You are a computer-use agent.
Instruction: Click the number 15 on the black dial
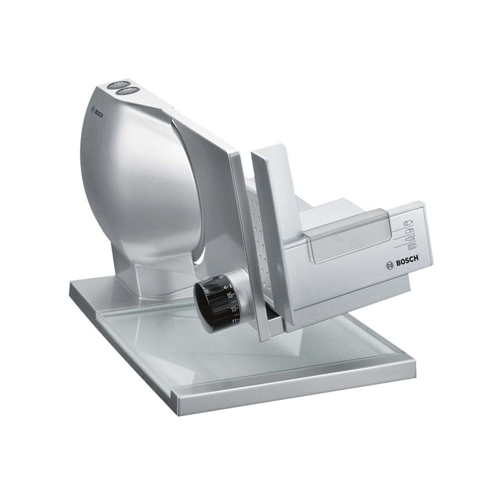click(x=230, y=295)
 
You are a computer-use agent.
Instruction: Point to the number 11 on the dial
click(x=235, y=320)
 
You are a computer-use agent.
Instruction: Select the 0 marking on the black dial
click(x=220, y=277)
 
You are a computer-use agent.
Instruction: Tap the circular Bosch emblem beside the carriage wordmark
click(x=389, y=265)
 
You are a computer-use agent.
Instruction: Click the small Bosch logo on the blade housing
click(x=97, y=112)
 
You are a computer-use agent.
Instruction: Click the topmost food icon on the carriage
click(x=407, y=222)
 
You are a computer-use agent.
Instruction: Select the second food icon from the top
click(x=409, y=230)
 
